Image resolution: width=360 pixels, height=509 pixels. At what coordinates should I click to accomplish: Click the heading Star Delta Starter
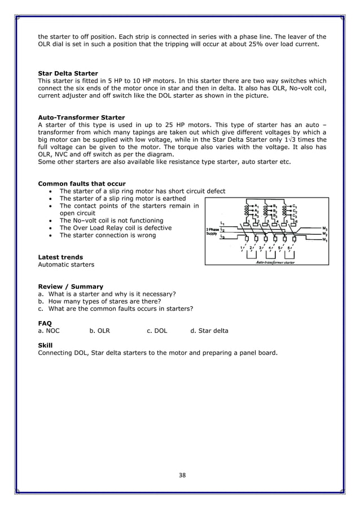(68, 73)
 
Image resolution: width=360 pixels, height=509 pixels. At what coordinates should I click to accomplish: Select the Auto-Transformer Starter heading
(81, 117)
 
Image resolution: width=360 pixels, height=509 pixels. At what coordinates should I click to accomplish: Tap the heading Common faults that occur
(81, 183)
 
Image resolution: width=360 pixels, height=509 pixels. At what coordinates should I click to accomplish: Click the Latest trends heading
(60, 257)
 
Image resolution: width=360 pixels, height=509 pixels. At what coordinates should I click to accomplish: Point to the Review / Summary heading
(71, 286)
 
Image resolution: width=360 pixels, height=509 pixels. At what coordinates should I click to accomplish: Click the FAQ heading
(45, 323)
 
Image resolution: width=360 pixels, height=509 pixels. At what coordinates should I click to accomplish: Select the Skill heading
(45, 345)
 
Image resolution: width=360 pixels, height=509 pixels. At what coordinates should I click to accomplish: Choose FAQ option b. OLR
(99, 331)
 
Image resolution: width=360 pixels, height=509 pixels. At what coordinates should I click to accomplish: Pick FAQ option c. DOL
(157, 331)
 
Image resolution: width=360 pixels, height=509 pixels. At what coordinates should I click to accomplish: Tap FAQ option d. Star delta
(209, 331)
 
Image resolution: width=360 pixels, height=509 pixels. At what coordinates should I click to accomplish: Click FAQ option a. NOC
(49, 331)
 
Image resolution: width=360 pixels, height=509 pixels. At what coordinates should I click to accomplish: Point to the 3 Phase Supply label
(212, 231)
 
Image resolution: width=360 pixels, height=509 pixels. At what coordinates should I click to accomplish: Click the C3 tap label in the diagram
(295, 216)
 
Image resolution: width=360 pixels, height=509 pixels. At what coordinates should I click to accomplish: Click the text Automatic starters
(66, 264)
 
